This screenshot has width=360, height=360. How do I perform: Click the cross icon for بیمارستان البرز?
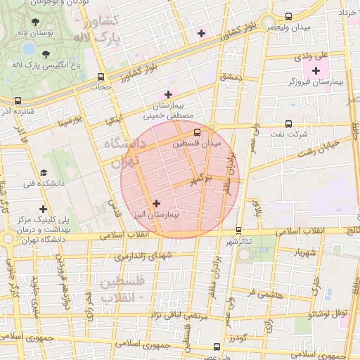pyautogui.click(x=156, y=203)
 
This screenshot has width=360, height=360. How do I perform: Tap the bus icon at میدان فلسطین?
pyautogui.click(x=197, y=131)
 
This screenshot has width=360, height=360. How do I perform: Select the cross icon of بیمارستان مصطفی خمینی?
pyautogui.click(x=168, y=94)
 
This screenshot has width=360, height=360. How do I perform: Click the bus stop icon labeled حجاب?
pyautogui.click(x=101, y=77)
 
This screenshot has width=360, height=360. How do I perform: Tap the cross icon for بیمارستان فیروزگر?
pyautogui.click(x=316, y=70)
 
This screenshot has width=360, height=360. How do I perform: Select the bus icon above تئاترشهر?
pyautogui.click(x=238, y=230)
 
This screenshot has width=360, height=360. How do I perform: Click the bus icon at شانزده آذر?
pyautogui.click(x=18, y=101)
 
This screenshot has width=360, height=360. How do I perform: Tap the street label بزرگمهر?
pyautogui.click(x=200, y=179)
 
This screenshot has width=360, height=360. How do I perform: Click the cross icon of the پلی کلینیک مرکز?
pyautogui.click(x=44, y=209)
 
